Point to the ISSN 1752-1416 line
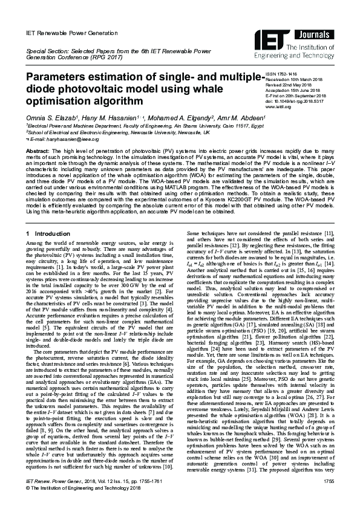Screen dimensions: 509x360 pos(284,73)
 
